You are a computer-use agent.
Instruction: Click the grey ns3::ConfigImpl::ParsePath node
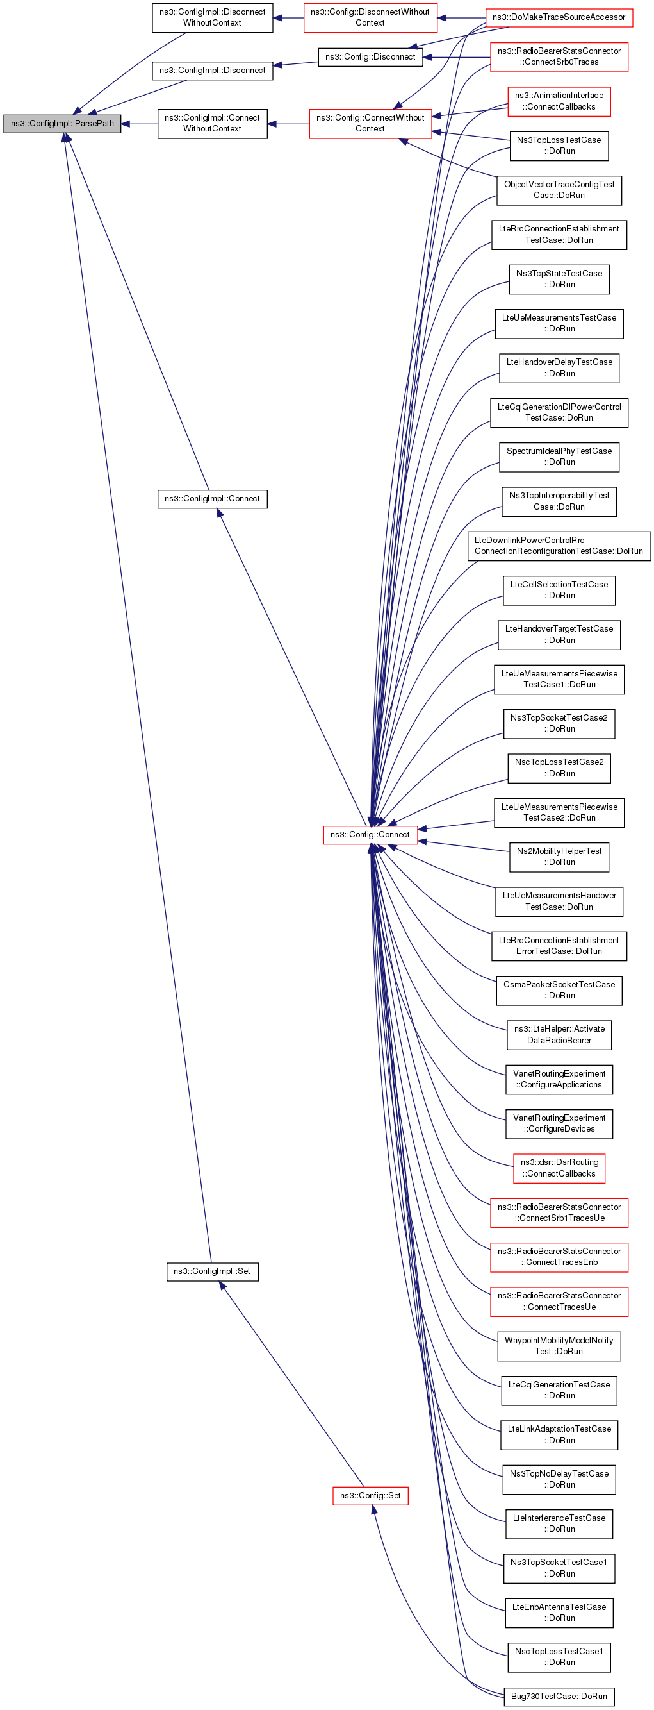pyautogui.click(x=62, y=124)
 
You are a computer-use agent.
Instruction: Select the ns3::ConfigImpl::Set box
pyautogui.click(x=211, y=1271)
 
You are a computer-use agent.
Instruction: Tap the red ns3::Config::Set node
pyautogui.click(x=370, y=1495)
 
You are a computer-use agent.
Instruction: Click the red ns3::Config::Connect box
pyautogui.click(x=370, y=834)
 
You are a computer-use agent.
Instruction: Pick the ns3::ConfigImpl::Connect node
pyautogui.click(x=212, y=499)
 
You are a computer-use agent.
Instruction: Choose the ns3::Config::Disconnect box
pyautogui.click(x=370, y=57)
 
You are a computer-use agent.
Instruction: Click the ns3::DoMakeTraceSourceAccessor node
pyautogui.click(x=559, y=17)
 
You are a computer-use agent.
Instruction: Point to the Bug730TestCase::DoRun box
pyautogui.click(x=559, y=1695)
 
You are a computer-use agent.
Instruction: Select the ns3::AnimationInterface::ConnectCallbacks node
pyautogui.click(x=559, y=101)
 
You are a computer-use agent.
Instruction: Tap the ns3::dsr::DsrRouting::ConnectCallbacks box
pyautogui.click(x=559, y=1168)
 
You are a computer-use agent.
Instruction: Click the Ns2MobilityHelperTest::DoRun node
pyautogui.click(x=559, y=857)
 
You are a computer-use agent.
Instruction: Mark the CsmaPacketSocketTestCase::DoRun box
pyautogui.click(x=559, y=990)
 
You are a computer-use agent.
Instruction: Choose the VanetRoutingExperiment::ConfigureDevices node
pyautogui.click(x=559, y=1123)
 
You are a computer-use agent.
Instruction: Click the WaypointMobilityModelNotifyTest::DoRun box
pyautogui.click(x=559, y=1345)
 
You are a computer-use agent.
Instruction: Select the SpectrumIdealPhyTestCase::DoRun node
pyautogui.click(x=559, y=457)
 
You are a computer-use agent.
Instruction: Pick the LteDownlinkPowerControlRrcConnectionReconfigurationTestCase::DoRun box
pyautogui.click(x=559, y=546)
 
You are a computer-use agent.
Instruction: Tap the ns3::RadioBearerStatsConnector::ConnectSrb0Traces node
pyautogui.click(x=559, y=56)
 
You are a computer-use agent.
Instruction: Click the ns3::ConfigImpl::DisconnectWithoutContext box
pyautogui.click(x=212, y=17)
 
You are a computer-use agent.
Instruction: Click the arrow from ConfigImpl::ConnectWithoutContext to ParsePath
pyautogui.click(x=139, y=124)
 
